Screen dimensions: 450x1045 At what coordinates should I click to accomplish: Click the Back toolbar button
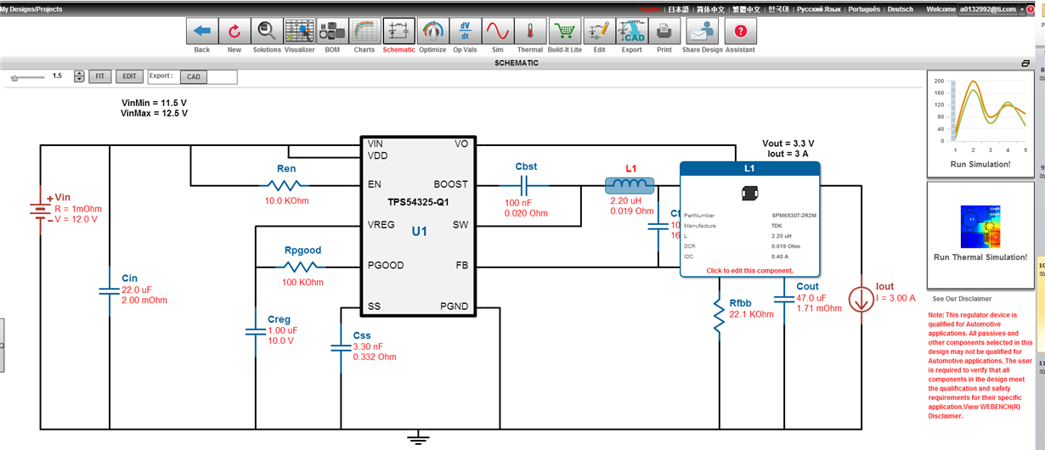click(x=202, y=31)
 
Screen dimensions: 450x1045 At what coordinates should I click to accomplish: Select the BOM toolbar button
click(x=331, y=31)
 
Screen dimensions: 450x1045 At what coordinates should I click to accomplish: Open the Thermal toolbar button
click(x=530, y=31)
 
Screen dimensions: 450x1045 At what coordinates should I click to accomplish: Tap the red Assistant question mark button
click(x=740, y=31)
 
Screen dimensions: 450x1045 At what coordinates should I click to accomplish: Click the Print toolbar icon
click(x=664, y=31)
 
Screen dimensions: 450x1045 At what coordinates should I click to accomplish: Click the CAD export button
click(x=194, y=76)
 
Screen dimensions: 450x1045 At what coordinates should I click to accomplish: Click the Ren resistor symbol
click(x=286, y=184)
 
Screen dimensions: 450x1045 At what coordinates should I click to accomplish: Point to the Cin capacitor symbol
click(x=110, y=290)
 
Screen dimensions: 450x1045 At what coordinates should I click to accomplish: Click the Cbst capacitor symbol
click(x=526, y=184)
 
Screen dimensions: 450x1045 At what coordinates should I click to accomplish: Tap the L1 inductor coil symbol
click(x=629, y=184)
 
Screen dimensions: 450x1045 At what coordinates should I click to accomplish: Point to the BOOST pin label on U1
click(x=450, y=184)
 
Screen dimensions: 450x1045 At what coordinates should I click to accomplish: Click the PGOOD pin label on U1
click(x=386, y=266)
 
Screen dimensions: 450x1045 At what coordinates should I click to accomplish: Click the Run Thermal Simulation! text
click(x=980, y=257)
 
